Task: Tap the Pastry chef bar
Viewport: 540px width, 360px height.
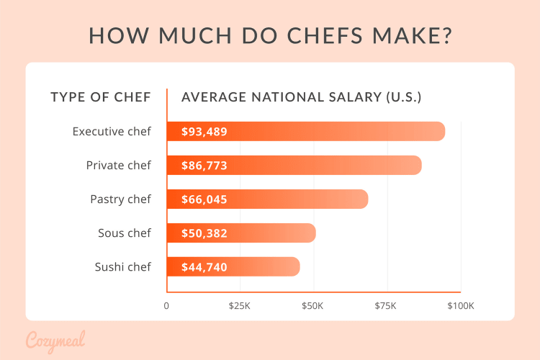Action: (x=302, y=199)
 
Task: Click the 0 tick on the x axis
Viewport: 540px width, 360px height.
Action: (x=167, y=306)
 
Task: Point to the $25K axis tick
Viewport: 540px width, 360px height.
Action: (x=239, y=306)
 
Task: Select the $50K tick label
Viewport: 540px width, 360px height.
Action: (x=312, y=306)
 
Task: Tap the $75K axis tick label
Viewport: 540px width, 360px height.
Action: (x=385, y=306)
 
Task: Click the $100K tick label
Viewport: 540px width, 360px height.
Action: (x=460, y=306)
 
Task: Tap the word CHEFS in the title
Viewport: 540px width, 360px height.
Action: (x=277, y=35)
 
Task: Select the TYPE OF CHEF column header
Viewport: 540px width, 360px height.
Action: (x=101, y=97)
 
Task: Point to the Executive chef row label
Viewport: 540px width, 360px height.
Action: (x=112, y=132)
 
